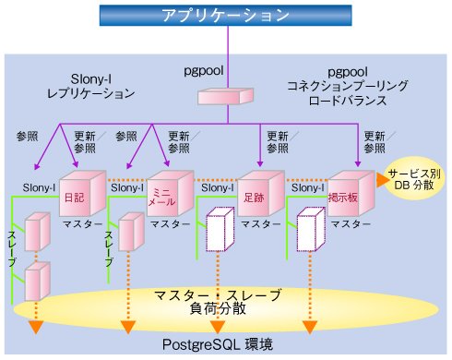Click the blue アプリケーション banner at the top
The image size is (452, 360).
point(225,16)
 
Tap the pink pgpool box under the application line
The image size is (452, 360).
point(225,96)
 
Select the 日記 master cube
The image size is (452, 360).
point(82,194)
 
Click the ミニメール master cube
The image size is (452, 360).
point(171,194)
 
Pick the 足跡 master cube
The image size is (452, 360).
point(261,194)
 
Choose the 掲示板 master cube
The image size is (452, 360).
point(351,194)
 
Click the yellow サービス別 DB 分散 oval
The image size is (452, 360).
point(414,179)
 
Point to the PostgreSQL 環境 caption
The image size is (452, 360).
point(218,345)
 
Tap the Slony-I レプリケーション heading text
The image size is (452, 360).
point(90,87)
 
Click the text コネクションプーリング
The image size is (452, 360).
point(348,86)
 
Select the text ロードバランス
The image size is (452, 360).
point(348,101)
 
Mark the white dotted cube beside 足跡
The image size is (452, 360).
point(220,229)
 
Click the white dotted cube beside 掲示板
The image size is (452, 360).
point(311,229)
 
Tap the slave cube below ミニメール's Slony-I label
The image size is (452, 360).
point(131,232)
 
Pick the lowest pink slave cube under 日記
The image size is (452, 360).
point(37,281)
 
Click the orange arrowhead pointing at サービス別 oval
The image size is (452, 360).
point(383,180)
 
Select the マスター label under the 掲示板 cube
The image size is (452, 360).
point(351,224)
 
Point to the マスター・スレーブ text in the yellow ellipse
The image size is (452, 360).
point(218,295)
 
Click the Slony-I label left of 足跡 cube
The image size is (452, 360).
point(218,187)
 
